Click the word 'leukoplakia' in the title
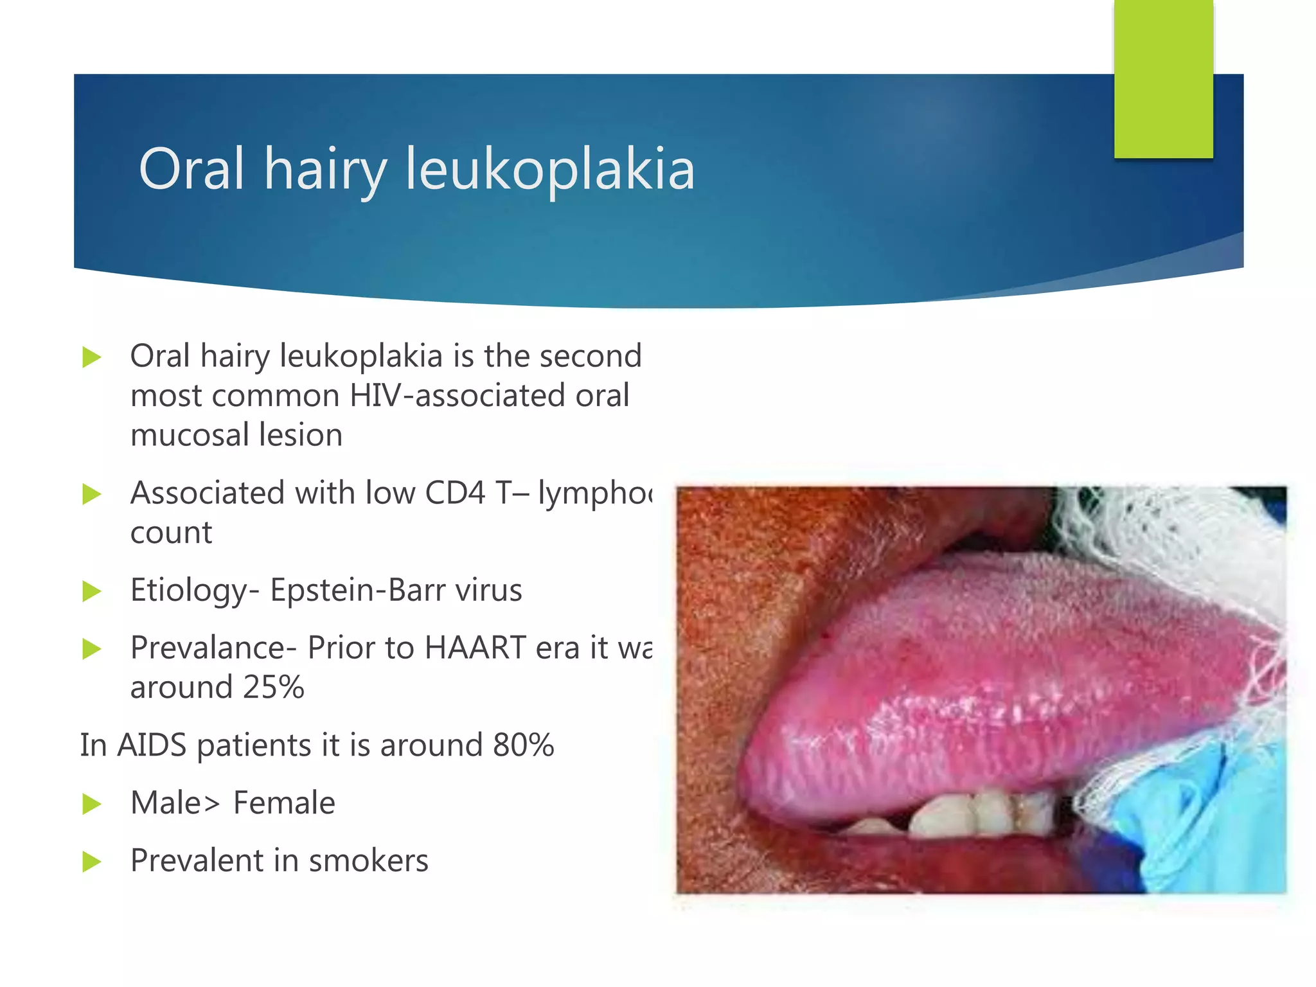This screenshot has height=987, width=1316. [x=549, y=168]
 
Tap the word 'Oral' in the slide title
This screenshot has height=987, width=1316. [x=191, y=168]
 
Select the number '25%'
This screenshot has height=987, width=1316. [x=273, y=687]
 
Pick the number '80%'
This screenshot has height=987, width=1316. [x=523, y=745]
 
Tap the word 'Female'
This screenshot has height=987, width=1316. [x=283, y=803]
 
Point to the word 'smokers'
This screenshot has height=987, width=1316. [x=368, y=860]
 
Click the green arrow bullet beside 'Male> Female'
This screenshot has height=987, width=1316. [x=92, y=803]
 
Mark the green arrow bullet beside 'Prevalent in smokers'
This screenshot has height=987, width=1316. [x=92, y=861]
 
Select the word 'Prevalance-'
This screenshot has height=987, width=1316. [x=213, y=647]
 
